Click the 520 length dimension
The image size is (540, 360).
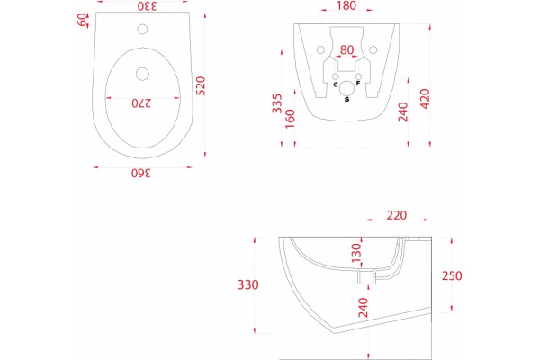(201, 85)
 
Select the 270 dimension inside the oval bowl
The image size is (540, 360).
(141, 103)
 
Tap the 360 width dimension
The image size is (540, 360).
(141, 173)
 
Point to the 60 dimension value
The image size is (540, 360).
(82, 20)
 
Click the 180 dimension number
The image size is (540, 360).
(346, 5)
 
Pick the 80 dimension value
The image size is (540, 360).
(346, 50)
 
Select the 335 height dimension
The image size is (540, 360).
(277, 103)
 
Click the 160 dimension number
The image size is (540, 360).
(290, 119)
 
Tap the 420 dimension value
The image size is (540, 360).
(426, 99)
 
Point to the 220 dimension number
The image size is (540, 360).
(397, 215)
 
